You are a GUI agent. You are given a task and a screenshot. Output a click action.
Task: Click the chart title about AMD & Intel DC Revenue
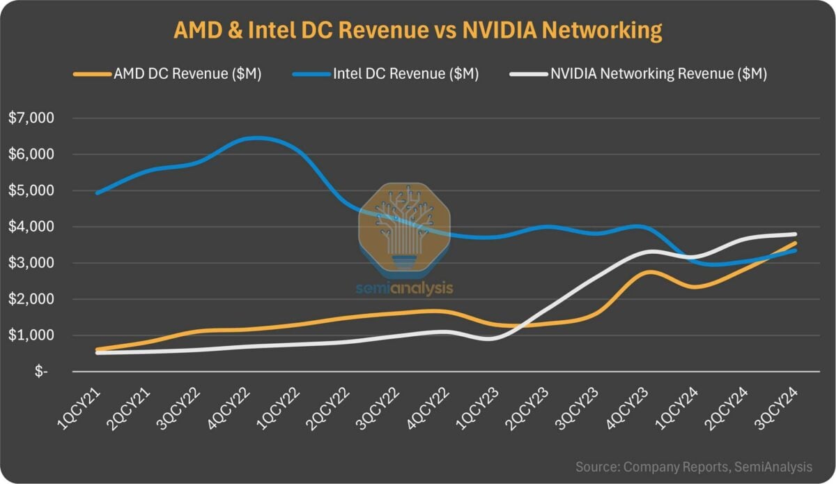click(417, 31)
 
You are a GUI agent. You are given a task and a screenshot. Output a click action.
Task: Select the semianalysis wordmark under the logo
click(404, 287)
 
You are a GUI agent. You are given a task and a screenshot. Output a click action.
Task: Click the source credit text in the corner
click(694, 466)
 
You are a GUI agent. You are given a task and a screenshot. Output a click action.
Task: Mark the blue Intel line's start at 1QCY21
click(98, 192)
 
